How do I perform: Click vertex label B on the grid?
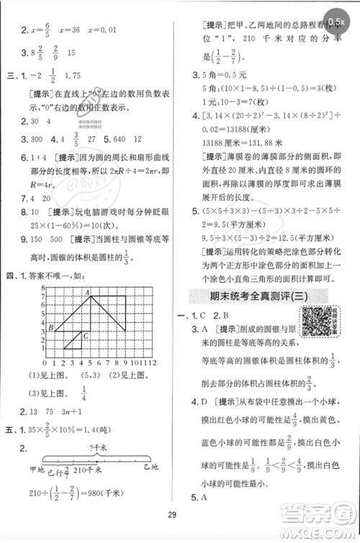[x=51, y=328]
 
